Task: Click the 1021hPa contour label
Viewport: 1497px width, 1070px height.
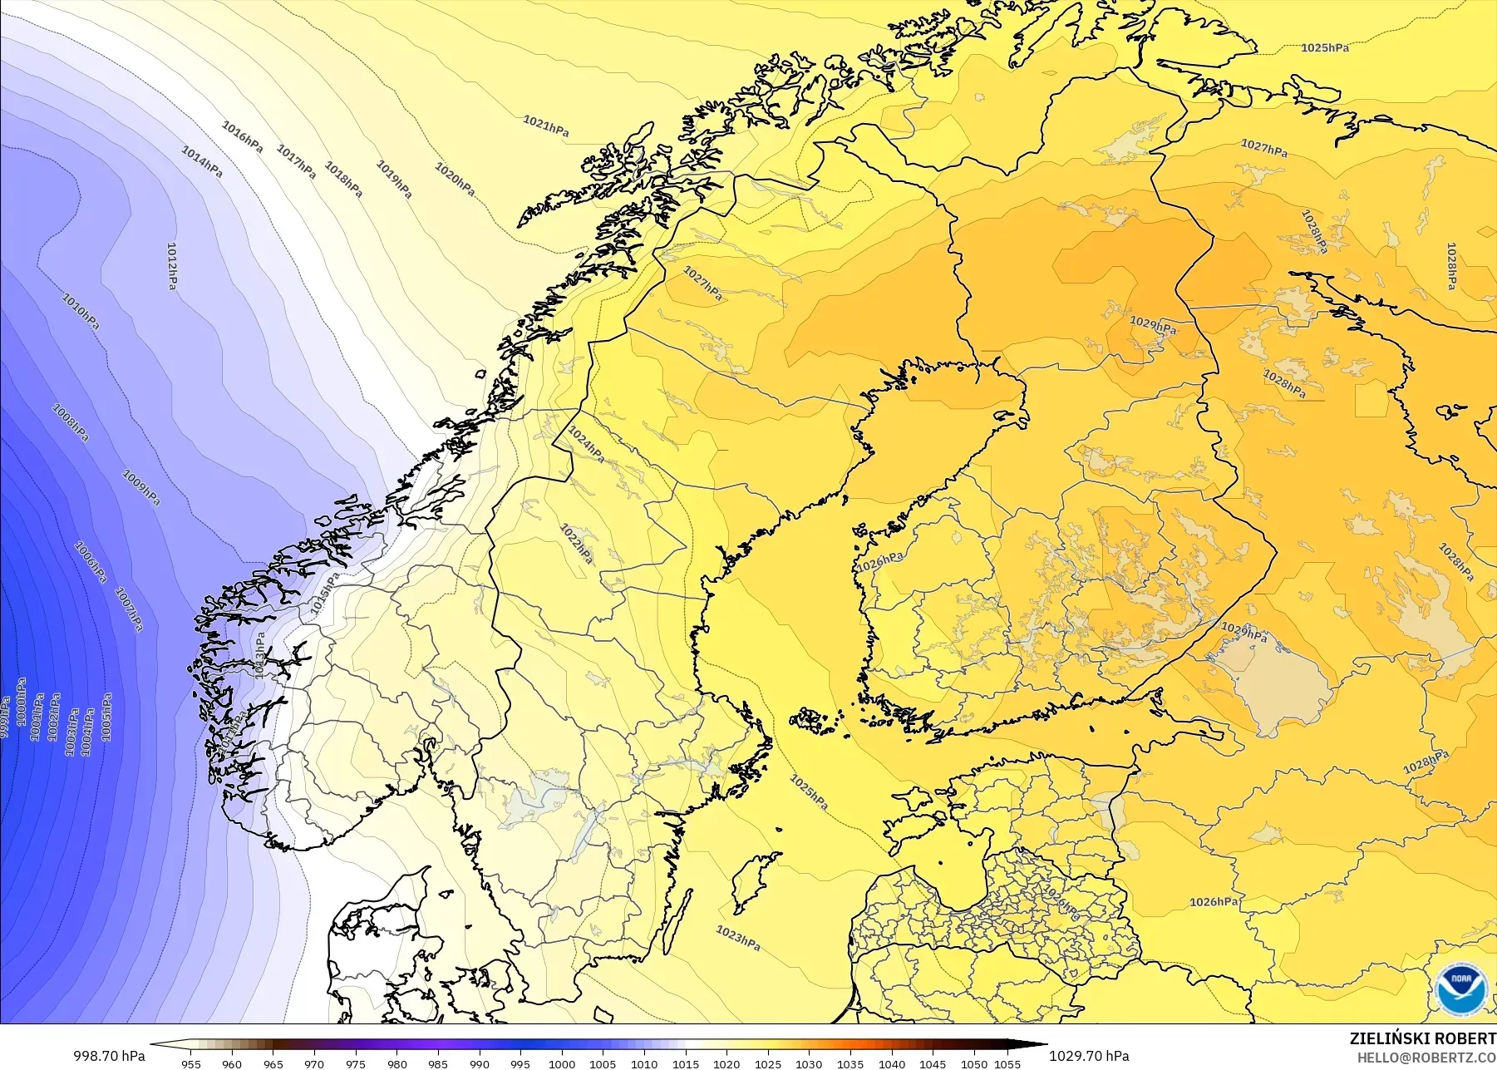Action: coord(546,126)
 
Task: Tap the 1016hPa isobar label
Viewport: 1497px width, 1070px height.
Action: coord(242,136)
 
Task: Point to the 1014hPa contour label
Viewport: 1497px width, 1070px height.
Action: coord(202,161)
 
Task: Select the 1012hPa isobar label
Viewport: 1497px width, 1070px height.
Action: coord(171,266)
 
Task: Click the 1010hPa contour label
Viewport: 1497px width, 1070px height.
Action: coord(81,311)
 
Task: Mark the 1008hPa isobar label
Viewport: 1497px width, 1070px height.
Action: coord(71,422)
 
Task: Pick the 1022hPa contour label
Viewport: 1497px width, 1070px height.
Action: coord(577,543)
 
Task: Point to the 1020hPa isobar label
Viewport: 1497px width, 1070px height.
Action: coord(455,179)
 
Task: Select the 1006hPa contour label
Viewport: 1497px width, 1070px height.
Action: coord(91,562)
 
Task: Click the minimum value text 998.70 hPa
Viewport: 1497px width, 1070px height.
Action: coord(109,1056)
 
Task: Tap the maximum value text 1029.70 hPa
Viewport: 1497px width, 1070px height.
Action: coord(1089,1056)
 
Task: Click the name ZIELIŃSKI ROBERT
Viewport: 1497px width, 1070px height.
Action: coord(1422,1039)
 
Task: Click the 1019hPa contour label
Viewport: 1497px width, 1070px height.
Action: coord(394,179)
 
